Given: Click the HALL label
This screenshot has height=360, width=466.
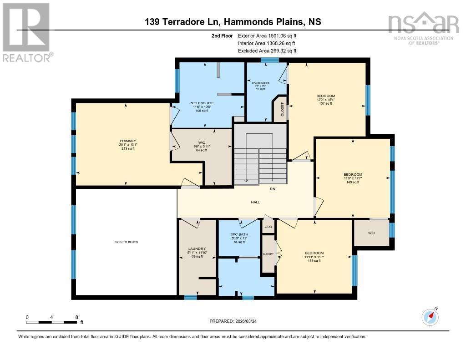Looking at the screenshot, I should (255, 202).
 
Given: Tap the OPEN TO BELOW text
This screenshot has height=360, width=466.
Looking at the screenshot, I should (126, 242).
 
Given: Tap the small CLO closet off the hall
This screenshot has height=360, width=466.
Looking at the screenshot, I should (268, 226).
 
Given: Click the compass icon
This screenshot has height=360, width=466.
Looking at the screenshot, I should (430, 317).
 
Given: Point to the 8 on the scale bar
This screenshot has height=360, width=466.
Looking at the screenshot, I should (76, 317).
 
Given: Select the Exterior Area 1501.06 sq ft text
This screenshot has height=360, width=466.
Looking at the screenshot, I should (270, 35).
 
